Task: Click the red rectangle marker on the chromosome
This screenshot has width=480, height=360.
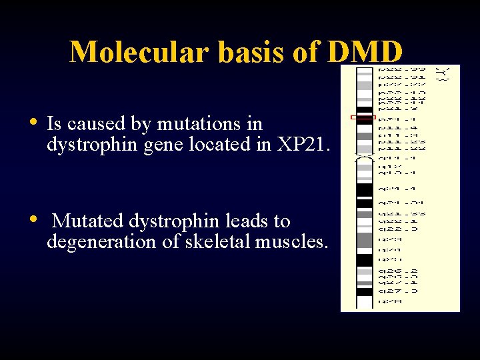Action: point(363,117)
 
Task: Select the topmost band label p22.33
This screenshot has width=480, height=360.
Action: point(399,69)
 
